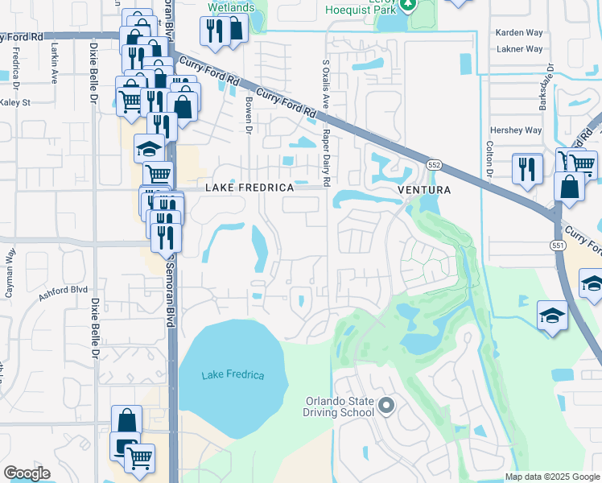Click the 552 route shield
click(433, 164)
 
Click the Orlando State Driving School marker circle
click(386, 405)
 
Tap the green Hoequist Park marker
click(408, 5)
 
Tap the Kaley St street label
click(14, 103)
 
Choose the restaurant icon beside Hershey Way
click(527, 168)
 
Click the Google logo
click(27, 473)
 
